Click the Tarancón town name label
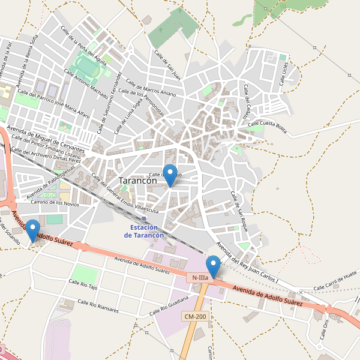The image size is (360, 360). coord(138,180)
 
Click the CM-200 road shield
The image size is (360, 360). coord(196,316)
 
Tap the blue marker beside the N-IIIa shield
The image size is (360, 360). coord(213,266)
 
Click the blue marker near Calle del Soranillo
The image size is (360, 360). coord(32,231)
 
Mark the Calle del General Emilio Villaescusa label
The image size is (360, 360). coord(124,194)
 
